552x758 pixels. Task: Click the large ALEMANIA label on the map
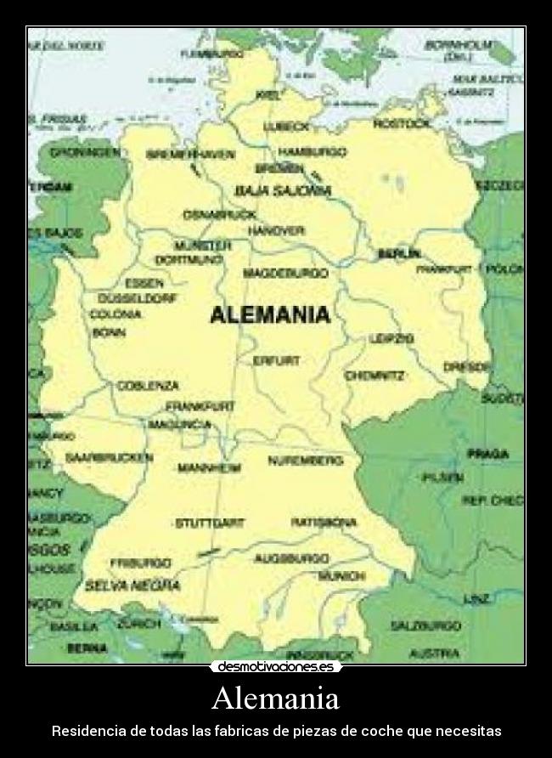[x=269, y=314]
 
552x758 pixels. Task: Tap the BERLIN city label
[x=398, y=253]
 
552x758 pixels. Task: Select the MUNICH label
[x=341, y=576]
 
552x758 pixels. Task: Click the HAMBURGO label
[x=313, y=152]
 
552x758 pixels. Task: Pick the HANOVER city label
[x=276, y=231]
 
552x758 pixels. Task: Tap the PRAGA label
[x=487, y=455]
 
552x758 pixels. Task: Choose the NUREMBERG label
[x=306, y=461]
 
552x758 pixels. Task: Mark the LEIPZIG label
[x=391, y=338]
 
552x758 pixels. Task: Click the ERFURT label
[x=277, y=360]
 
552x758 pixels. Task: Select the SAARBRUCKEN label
[x=109, y=457]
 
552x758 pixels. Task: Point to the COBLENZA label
[x=148, y=385]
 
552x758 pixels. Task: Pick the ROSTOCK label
[x=402, y=124]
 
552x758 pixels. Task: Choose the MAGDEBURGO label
[x=286, y=274]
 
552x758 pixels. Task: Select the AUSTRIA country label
[x=435, y=653]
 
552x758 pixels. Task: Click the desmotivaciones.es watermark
[x=276, y=667]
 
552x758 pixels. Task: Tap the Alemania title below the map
[x=275, y=699]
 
